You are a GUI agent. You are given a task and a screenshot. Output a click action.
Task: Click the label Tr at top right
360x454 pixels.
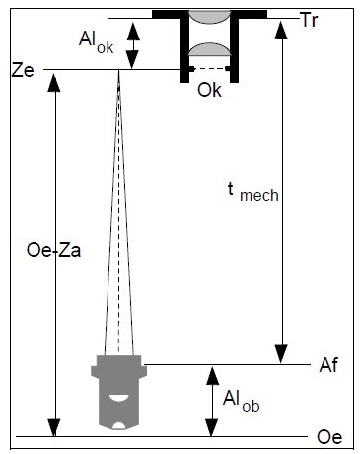[309, 20]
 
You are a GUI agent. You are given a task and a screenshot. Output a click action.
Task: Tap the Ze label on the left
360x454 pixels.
[23, 70]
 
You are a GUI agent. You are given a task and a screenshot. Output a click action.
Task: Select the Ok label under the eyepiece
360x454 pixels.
[209, 90]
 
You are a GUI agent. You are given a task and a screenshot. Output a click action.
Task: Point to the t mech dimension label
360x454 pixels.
[253, 192]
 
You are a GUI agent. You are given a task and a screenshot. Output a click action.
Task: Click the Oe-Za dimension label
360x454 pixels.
[53, 251]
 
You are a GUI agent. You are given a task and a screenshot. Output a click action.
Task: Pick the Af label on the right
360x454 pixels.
[328, 365]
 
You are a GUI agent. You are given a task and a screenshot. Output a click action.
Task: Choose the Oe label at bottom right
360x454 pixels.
[329, 437]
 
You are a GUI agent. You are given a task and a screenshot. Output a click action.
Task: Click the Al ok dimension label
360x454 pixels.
[96, 42]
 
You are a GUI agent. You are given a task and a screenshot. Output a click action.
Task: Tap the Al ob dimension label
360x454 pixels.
[241, 402]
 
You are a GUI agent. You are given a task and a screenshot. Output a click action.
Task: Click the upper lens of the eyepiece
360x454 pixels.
[210, 17]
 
